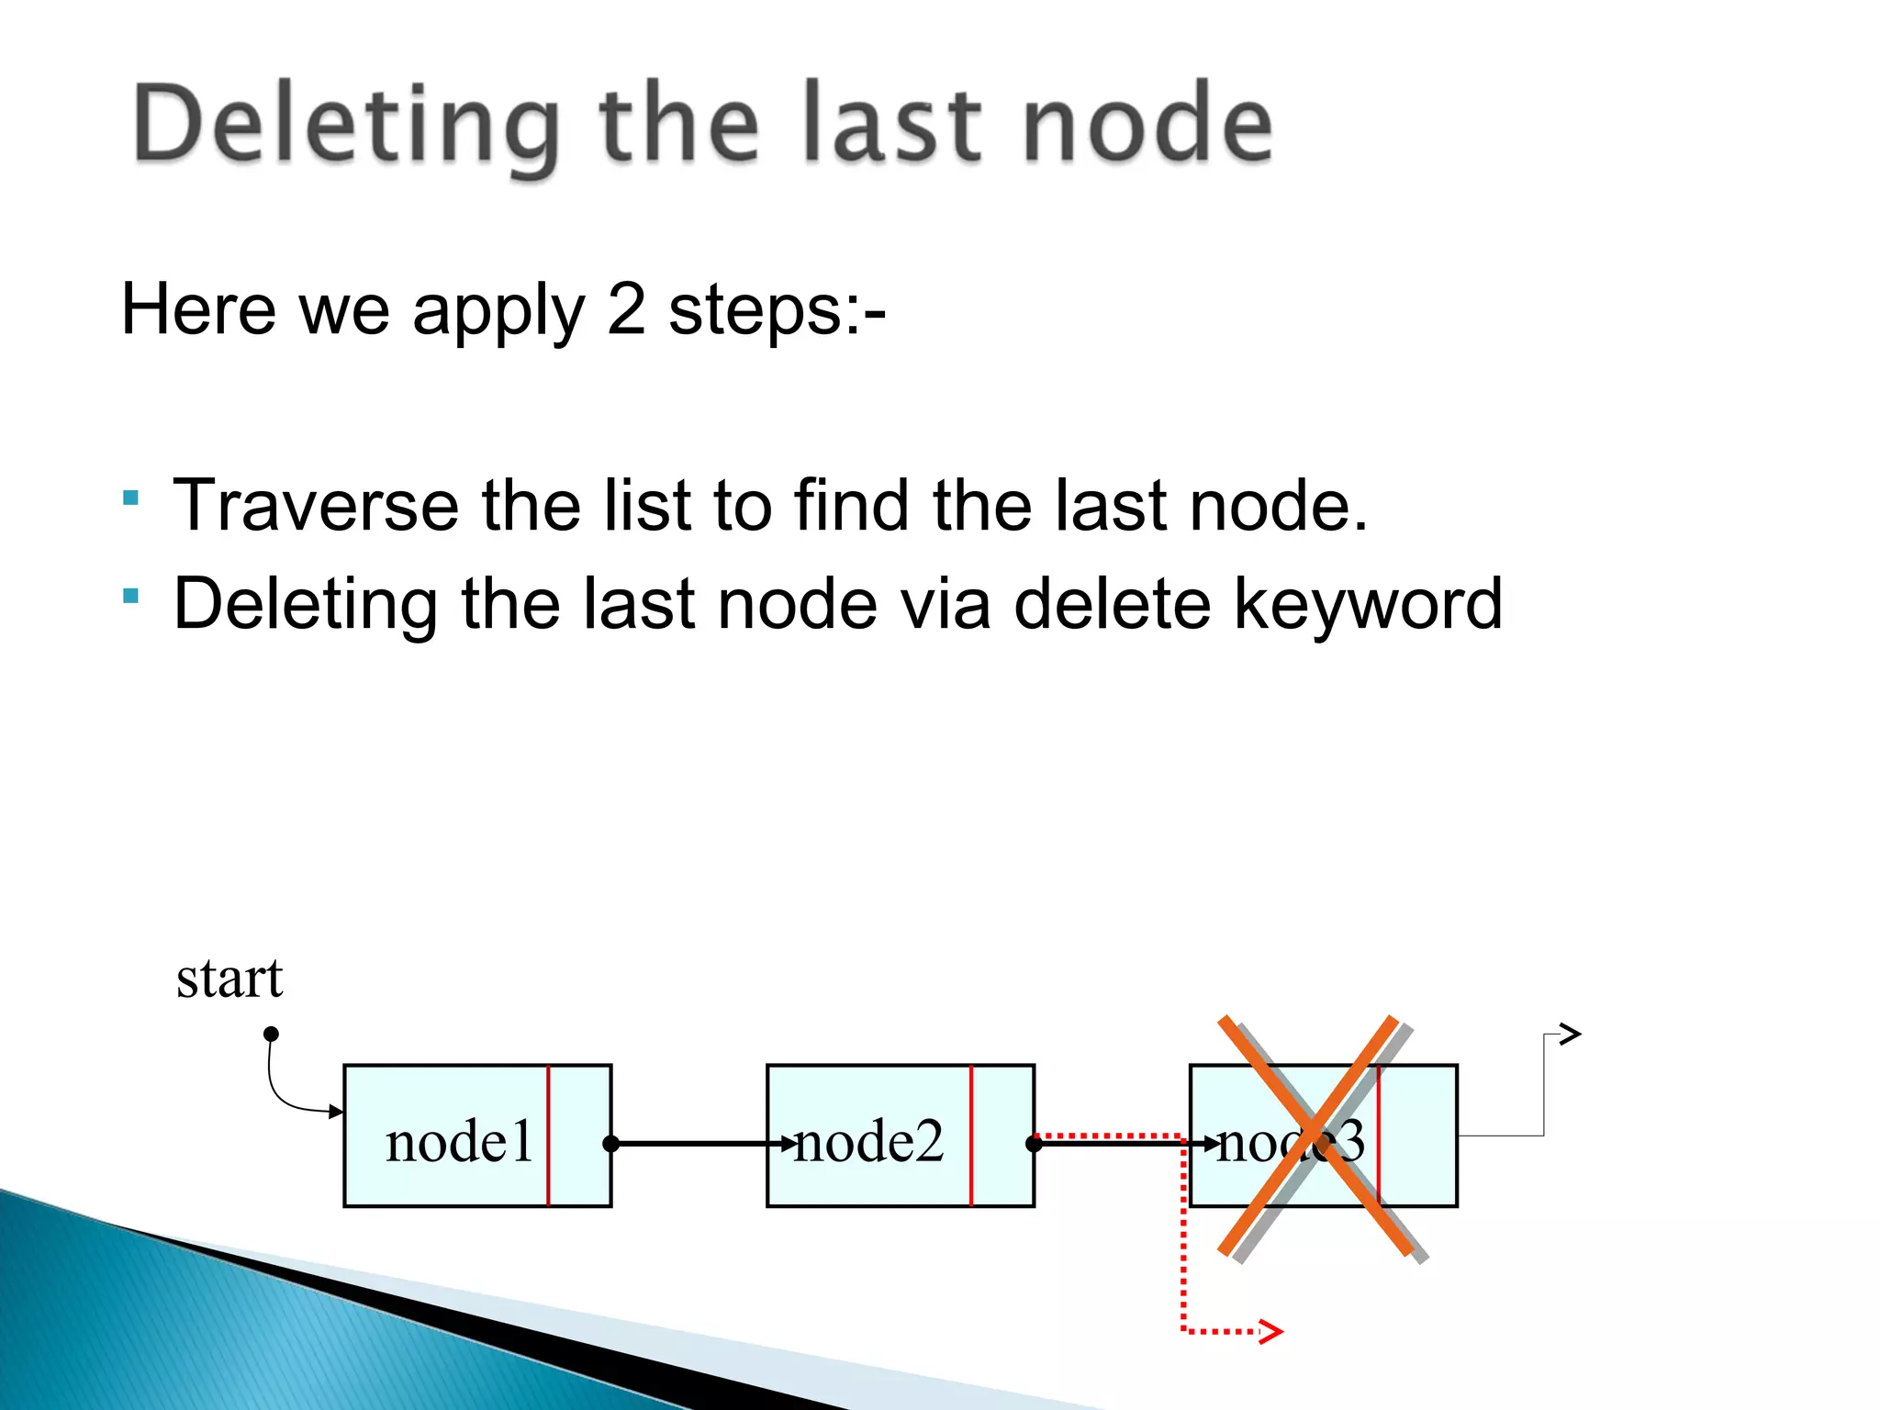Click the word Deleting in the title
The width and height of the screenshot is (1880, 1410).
click(345, 125)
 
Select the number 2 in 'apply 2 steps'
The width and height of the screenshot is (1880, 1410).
click(626, 309)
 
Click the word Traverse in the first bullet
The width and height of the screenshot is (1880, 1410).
click(316, 506)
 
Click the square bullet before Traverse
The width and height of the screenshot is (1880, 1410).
click(130, 498)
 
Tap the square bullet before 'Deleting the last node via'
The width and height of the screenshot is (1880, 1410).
click(130, 597)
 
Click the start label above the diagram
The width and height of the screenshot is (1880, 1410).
click(229, 979)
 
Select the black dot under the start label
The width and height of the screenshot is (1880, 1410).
click(271, 1035)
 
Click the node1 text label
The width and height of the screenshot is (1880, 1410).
click(459, 1143)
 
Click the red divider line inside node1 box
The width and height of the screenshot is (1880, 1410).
click(548, 1136)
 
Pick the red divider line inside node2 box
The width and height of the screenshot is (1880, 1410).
click(971, 1136)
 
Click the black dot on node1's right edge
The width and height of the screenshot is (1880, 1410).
click(611, 1144)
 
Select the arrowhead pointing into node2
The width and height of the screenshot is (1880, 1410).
click(787, 1144)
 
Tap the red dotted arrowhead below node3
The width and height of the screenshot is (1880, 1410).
click(1271, 1331)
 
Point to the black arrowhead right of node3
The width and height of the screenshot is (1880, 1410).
click(1571, 1035)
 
